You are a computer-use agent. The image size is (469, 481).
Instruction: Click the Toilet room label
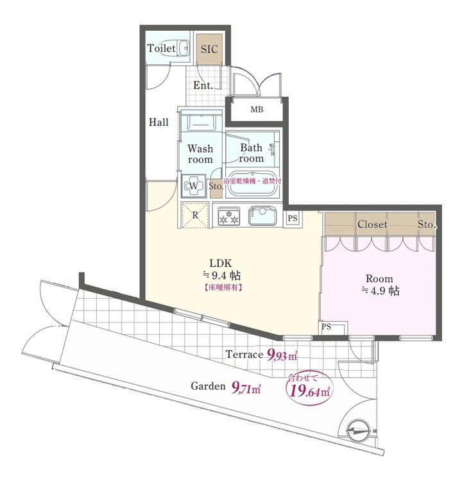[161, 48]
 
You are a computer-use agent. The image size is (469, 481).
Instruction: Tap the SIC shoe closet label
[209, 49]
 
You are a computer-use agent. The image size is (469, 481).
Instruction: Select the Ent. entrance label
[203, 85]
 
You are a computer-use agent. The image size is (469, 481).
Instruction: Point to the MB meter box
[257, 109]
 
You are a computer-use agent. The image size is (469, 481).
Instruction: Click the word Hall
[158, 122]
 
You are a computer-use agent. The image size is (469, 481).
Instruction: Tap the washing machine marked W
[193, 185]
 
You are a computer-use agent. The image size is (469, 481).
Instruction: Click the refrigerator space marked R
[195, 215]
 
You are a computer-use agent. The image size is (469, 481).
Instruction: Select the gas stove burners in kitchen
[228, 215]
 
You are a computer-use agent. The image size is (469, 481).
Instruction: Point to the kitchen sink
[262, 215]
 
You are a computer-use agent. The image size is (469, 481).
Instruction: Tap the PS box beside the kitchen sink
[293, 218]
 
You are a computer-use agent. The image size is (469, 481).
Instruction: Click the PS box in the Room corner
[333, 328]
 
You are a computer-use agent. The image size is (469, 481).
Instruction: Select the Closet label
[372, 224]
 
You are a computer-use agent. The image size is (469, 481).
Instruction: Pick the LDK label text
[220, 263]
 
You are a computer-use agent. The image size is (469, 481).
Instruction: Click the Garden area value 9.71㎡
[246, 387]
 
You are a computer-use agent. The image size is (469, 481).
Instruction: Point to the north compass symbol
[359, 430]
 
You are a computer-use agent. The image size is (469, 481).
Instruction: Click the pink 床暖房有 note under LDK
[223, 288]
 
